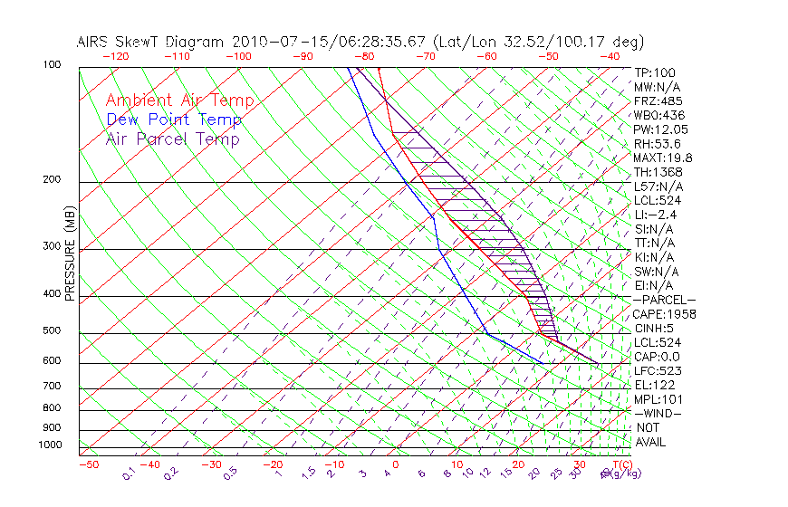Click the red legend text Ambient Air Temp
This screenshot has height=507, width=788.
click(x=179, y=100)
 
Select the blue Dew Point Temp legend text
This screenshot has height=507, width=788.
click(x=174, y=120)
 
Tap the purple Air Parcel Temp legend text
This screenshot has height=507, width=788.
click(x=172, y=139)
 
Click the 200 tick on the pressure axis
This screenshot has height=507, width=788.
click(x=53, y=179)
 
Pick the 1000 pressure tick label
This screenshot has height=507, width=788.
click(x=50, y=445)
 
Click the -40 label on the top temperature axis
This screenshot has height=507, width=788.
click(x=610, y=55)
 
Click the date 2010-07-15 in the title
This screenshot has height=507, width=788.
click(x=274, y=42)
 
